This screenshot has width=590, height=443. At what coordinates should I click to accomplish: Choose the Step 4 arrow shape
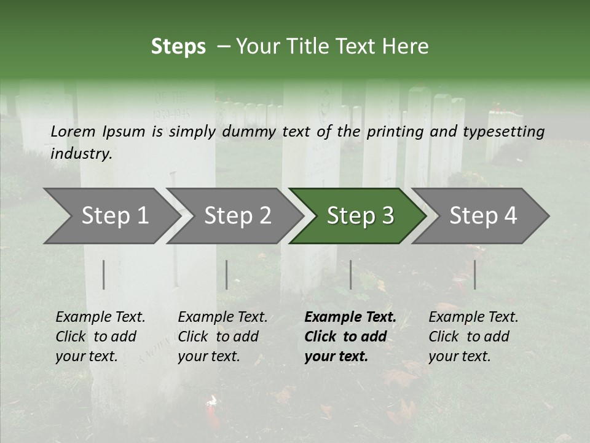483,216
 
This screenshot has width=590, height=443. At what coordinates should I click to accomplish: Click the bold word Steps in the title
178,47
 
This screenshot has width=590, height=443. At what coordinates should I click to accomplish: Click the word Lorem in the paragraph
73,131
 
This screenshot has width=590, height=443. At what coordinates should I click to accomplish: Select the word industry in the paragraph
81,154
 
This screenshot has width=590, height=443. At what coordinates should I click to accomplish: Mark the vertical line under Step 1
104,274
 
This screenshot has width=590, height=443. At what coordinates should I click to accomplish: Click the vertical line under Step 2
227,274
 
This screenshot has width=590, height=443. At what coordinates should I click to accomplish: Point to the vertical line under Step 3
351,274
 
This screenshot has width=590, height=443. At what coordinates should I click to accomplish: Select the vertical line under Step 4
474,274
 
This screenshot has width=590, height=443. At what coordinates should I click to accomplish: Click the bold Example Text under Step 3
350,317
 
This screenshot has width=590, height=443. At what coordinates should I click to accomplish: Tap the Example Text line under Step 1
100,317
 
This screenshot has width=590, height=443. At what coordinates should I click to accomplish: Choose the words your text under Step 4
459,356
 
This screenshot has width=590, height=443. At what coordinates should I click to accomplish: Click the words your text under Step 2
208,356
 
